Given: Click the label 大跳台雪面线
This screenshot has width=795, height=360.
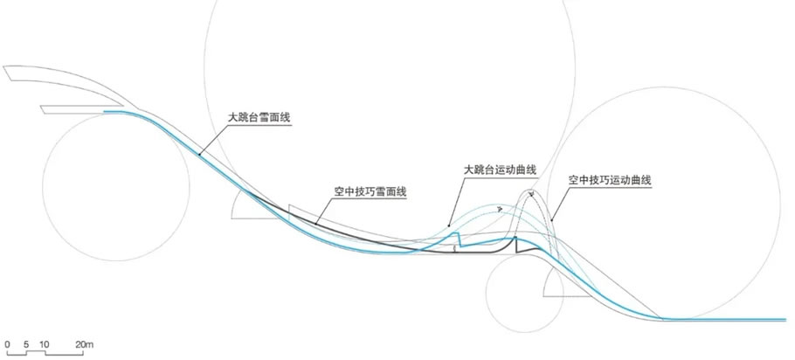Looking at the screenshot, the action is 259,118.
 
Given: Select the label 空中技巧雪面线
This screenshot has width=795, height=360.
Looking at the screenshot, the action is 370,191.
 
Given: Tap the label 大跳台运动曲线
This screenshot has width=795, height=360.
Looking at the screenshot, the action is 500,170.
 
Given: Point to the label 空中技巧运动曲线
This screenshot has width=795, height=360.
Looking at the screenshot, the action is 609,180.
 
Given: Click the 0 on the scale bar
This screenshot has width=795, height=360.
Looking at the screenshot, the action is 7,345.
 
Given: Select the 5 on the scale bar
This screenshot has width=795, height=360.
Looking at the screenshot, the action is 26,345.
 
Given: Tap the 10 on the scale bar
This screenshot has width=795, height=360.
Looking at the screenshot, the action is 44,345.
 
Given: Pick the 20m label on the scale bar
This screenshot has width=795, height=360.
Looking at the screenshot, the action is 85,345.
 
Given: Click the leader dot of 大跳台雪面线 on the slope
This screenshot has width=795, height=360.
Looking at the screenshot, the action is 199,154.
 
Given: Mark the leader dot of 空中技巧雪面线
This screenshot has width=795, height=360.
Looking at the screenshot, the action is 315,223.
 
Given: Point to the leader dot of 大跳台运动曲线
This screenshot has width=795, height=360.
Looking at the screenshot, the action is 449,225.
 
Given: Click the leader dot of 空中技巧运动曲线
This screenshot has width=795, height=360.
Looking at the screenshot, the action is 551,219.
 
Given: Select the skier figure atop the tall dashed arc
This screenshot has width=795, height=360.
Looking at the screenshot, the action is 531,193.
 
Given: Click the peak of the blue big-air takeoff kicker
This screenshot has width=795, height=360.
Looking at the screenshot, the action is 458,232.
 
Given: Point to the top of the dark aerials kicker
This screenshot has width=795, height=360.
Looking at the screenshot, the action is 515,237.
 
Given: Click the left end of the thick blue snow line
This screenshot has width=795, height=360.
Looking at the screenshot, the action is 104,111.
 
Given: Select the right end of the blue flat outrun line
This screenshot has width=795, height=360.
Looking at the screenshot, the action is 786,320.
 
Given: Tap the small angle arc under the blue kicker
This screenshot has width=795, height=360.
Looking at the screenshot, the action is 455,248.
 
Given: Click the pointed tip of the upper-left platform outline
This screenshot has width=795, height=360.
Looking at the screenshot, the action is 3,66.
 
